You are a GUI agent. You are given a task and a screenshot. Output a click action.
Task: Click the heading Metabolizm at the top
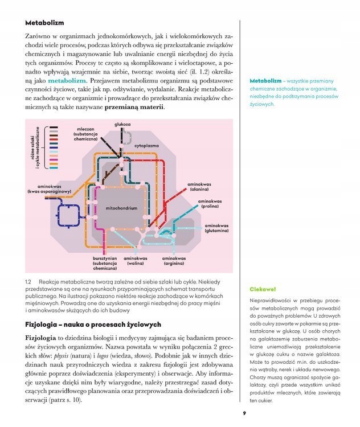tap(45, 23)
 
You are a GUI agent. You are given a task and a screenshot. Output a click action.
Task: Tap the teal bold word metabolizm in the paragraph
tap(66, 80)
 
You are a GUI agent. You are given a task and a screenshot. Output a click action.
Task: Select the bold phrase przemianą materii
tap(134, 107)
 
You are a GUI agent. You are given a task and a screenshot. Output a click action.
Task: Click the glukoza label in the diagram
tap(122, 124)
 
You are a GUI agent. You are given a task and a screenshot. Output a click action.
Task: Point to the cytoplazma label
tap(146, 145)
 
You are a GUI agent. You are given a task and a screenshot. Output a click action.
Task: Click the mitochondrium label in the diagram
tap(121, 209)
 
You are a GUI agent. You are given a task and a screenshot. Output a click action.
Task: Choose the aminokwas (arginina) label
tap(174, 261)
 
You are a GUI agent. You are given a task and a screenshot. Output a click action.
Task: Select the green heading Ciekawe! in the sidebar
tap(263, 289)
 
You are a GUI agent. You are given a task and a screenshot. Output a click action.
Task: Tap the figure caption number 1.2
tap(28, 281)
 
